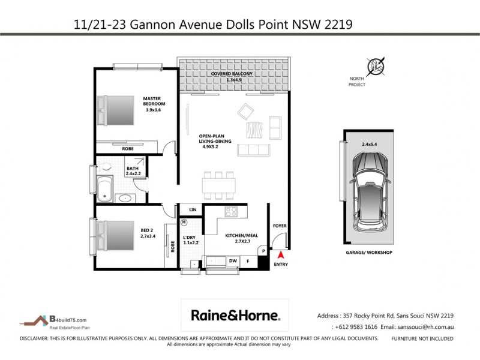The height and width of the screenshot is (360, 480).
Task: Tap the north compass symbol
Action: coord(376,65)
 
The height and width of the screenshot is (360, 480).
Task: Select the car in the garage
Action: coord(370,191)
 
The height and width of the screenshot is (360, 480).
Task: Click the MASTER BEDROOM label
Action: coord(154,103)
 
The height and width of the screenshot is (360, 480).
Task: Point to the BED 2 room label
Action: coord(147,233)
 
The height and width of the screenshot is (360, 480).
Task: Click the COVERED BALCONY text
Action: coord(232,76)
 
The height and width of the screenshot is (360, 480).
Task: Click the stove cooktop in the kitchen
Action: coord(232,212)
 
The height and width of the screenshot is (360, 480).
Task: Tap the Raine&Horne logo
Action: coord(235,315)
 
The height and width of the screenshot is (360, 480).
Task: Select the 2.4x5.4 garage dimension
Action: coord(370,144)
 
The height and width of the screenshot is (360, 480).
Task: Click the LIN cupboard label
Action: coord(193,209)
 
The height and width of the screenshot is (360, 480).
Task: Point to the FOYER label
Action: coord(280,226)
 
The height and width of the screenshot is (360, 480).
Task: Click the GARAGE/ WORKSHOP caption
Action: coord(370,253)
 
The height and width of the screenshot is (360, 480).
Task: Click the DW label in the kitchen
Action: coord(231,261)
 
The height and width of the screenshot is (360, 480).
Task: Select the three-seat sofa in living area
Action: coord(253,150)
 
